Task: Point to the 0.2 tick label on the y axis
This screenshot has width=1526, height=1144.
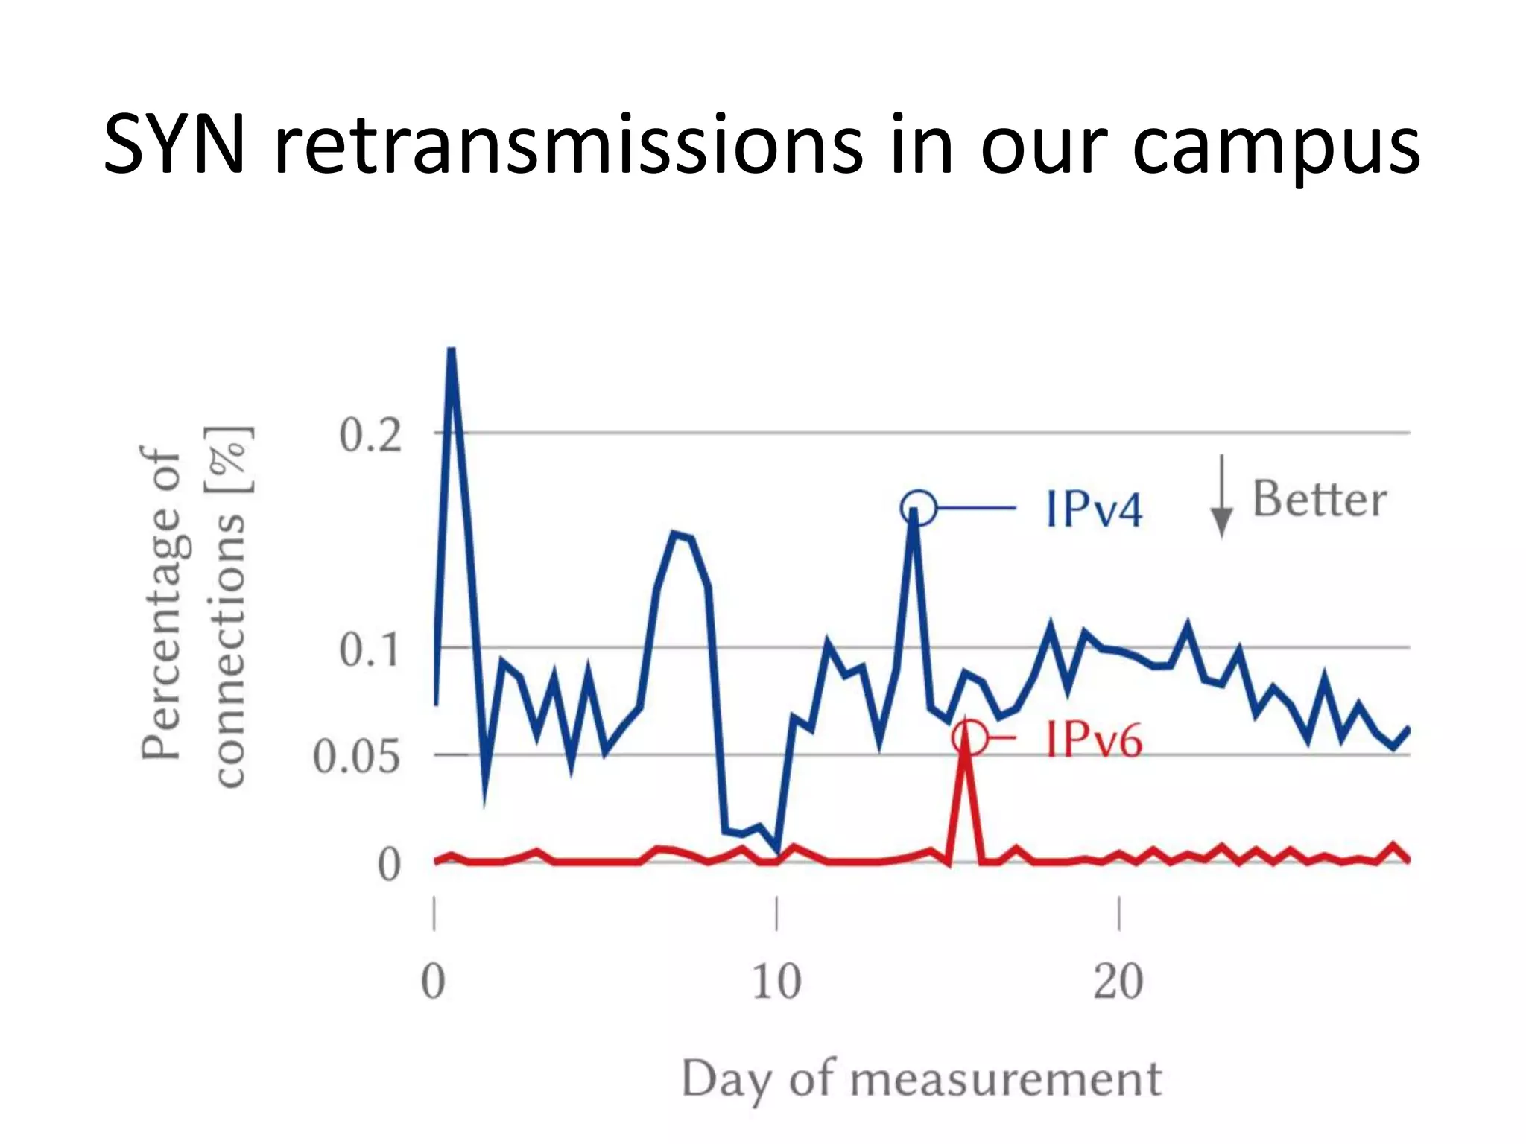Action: point(370,435)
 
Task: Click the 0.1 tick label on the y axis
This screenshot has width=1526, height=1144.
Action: point(370,649)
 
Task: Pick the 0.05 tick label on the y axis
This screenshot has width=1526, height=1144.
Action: point(356,757)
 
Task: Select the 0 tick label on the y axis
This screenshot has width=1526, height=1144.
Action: point(389,865)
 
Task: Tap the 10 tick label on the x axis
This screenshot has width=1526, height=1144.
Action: point(776,982)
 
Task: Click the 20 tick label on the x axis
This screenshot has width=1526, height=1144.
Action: point(1118,982)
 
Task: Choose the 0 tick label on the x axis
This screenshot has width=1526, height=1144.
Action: point(434,982)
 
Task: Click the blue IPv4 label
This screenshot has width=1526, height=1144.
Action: point(1094,509)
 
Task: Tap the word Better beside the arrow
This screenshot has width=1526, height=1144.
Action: point(1320,499)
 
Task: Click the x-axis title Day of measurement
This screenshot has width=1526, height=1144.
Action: point(922,1079)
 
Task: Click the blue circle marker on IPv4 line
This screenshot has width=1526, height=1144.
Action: point(918,509)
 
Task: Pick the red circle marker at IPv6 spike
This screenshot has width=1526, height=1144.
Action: point(969,738)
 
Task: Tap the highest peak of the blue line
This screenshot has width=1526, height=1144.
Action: point(451,350)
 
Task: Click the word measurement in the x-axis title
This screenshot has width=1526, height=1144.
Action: point(1006,1079)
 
